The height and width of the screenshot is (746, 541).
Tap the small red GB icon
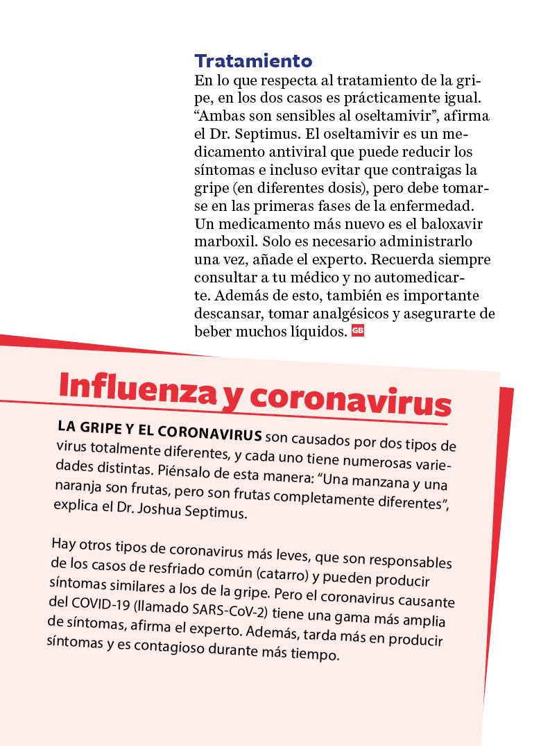click(x=358, y=331)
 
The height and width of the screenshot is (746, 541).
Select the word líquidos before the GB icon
click(x=316, y=332)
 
